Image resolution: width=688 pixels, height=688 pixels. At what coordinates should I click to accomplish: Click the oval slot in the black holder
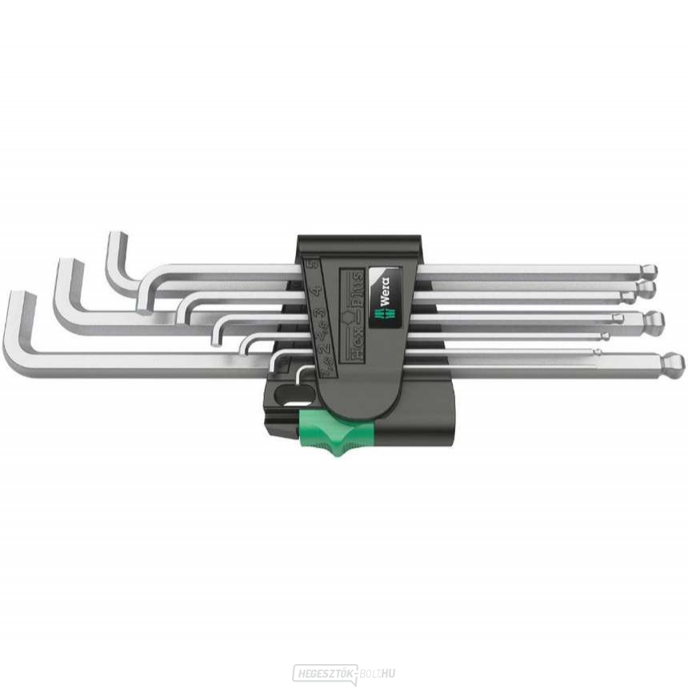tap(285, 395)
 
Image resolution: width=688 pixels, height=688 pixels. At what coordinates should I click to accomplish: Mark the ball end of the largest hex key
tap(673, 362)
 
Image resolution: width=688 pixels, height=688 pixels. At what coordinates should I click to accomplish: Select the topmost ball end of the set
tap(650, 270)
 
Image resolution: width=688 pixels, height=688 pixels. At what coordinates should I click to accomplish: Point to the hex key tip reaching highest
tap(117, 237)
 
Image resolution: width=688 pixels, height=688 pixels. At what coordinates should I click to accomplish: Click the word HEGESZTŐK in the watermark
tap(324, 674)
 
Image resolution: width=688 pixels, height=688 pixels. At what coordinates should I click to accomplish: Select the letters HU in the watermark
tap(387, 674)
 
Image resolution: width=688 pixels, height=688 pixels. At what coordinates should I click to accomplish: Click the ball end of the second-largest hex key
tap(654, 320)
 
